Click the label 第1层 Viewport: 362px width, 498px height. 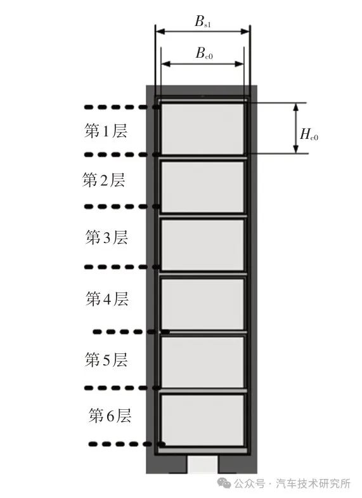click(x=106, y=131)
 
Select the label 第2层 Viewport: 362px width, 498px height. click(x=104, y=180)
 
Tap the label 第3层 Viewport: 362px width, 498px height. click(x=107, y=237)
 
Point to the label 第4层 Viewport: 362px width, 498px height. click(x=107, y=299)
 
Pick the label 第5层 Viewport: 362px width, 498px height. click(x=107, y=360)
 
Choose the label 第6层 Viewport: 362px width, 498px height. click(x=110, y=416)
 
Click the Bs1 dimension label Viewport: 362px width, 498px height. click(x=203, y=22)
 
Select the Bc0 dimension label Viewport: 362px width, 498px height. click(x=204, y=53)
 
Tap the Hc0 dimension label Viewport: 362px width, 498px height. click(x=309, y=134)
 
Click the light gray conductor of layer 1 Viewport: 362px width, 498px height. click(x=203, y=129)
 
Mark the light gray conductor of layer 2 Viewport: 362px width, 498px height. click(x=203, y=187)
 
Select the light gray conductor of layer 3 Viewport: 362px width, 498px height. click(x=203, y=245)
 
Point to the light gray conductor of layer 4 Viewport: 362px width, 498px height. click(x=203, y=304)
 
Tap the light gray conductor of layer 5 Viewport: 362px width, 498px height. click(x=203, y=362)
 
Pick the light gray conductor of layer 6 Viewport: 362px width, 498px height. click(x=203, y=420)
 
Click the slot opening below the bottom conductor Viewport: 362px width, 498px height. click(x=202, y=464)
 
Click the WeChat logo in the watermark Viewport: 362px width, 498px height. click(x=224, y=483)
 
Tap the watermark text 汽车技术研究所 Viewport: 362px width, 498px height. click(x=313, y=483)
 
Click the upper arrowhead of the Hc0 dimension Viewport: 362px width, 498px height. click(x=296, y=107)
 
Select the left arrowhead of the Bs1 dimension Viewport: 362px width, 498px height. click(x=160, y=31)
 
